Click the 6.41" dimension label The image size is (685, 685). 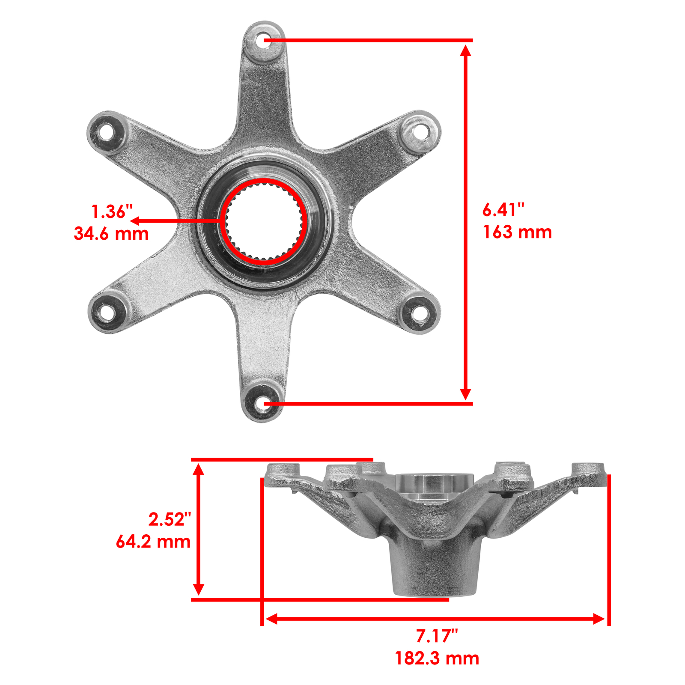pos(503,210)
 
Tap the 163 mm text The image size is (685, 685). pos(517,232)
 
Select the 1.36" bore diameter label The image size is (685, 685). pos(112,211)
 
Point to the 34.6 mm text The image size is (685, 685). pos(111,234)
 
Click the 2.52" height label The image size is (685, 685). pos(170,519)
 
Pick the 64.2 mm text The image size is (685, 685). pos(153,542)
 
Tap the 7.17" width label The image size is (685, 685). pos(437,636)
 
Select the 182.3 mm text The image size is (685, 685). pos(437,658)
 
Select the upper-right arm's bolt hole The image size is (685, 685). pos(421,131)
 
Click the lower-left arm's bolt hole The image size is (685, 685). pos(104,313)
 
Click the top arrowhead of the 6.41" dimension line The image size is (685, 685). pos(466,51)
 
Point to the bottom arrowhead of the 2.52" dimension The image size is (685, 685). pos(198,589)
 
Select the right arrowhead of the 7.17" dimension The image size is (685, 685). pos(599,618)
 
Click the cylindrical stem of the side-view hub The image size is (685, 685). pos(435,569)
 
